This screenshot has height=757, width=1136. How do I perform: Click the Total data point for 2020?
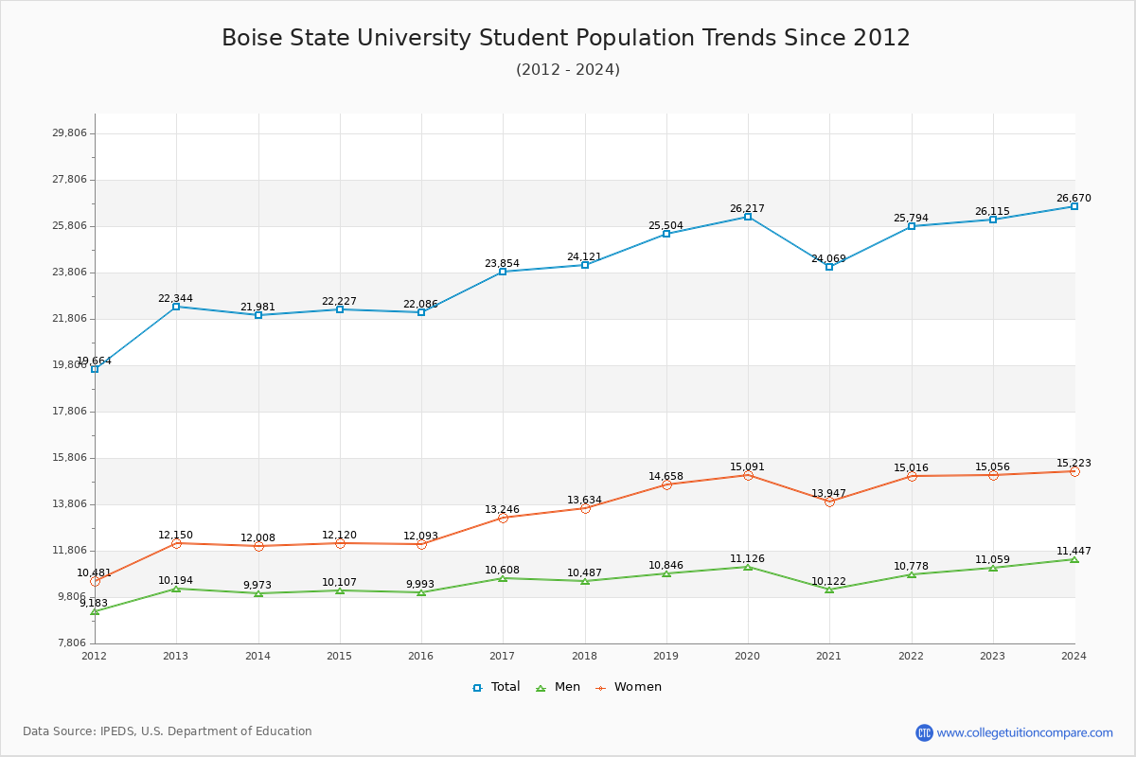click(748, 217)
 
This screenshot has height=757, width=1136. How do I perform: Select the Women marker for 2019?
click(666, 484)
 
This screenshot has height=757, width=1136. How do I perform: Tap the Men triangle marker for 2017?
click(503, 578)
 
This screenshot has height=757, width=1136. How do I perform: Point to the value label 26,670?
click(1074, 199)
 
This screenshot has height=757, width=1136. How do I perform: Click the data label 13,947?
click(828, 494)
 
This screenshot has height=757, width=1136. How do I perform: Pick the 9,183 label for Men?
click(94, 603)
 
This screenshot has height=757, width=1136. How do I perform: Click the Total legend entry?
click(497, 687)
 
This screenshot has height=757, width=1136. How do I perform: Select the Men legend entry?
click(559, 687)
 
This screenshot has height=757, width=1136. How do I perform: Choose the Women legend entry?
click(629, 687)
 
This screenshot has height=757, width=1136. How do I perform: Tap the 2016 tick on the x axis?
click(420, 655)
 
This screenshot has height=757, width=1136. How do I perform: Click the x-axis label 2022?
click(911, 655)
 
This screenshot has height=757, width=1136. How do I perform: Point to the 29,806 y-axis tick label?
click(69, 133)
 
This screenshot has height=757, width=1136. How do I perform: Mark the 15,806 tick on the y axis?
click(69, 458)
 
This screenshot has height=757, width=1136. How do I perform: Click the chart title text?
click(566, 38)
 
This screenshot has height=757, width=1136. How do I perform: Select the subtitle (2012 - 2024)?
click(568, 69)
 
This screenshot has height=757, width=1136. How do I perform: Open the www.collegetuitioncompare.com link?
click(1024, 732)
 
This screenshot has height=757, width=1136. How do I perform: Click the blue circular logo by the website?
click(924, 732)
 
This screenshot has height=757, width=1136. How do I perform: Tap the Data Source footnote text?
click(168, 731)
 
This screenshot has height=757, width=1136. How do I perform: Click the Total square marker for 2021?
click(829, 267)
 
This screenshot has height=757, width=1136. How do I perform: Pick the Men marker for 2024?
click(1074, 559)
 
